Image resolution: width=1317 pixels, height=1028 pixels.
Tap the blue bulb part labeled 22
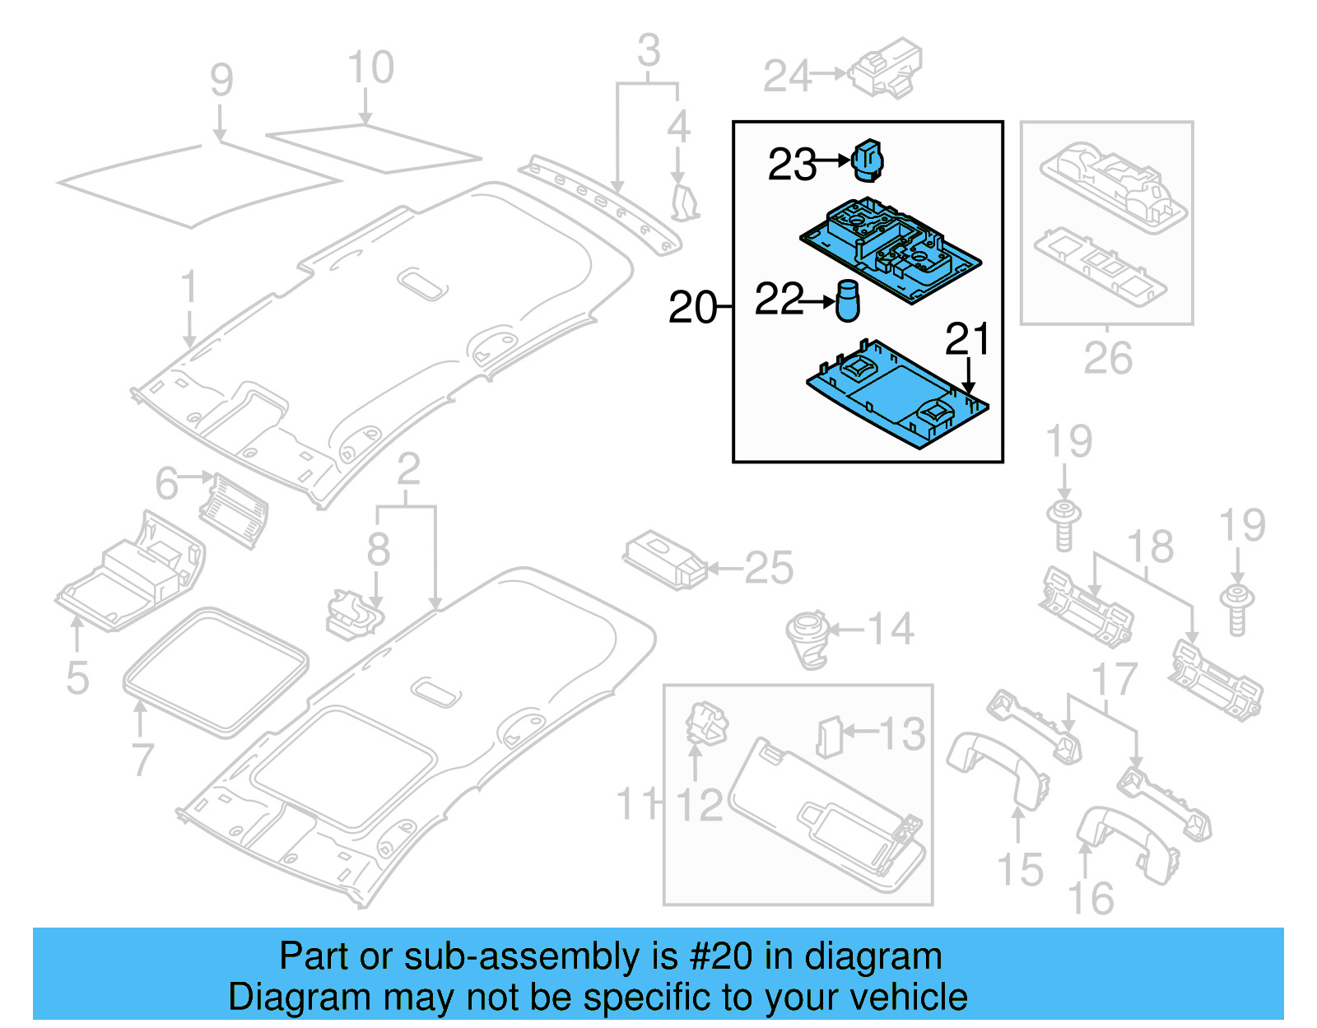coord(847,301)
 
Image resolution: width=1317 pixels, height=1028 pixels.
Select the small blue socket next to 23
coord(867,160)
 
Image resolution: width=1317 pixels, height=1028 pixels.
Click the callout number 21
coord(967,339)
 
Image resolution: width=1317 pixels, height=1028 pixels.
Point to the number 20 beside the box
coord(692,308)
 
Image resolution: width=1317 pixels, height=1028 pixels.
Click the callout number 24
coord(787,77)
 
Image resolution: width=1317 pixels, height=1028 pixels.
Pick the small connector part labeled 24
coord(886,67)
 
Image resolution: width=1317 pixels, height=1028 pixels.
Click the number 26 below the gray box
coord(1107,358)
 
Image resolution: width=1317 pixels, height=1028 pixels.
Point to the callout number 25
coord(768,568)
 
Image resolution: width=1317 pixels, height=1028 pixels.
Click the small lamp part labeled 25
coord(665,561)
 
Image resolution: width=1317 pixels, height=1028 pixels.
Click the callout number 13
coord(902,734)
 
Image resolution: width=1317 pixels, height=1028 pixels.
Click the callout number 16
coord(1090,899)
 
